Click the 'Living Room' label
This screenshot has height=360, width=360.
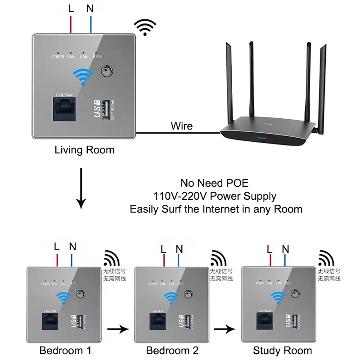(x=84, y=150)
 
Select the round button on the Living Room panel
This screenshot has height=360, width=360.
(x=107, y=72)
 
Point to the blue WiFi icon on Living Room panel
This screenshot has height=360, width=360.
(x=83, y=77)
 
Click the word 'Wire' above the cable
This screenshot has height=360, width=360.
(x=181, y=126)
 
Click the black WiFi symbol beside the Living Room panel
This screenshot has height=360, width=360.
(x=146, y=27)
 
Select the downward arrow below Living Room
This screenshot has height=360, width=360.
(x=81, y=189)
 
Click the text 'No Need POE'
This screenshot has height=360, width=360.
(x=215, y=183)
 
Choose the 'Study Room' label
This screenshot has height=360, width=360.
(x=282, y=351)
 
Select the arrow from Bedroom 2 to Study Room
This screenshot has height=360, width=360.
(x=225, y=330)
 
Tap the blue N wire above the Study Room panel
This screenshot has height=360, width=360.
(x=285, y=260)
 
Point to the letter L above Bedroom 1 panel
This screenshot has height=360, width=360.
(x=57, y=247)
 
